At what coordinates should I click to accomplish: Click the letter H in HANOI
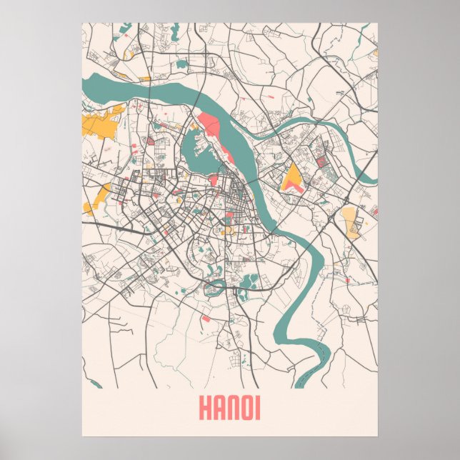tap(204, 409)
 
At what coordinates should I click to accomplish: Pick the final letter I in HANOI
tap(258, 409)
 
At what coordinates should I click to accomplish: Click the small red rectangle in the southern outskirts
tap(205, 318)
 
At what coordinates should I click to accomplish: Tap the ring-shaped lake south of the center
tap(211, 289)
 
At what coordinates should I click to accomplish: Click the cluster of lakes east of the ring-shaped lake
tap(249, 281)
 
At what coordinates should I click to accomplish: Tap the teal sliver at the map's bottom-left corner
tap(96, 386)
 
